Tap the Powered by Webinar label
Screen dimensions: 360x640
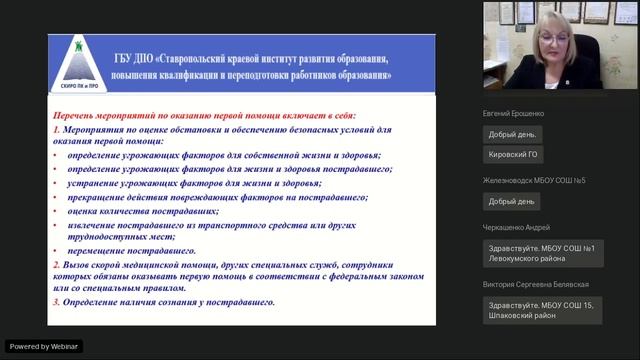coord(46,346)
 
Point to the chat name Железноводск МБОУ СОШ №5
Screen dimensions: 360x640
coord(535,180)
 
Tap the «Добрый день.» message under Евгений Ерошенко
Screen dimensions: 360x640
coord(513,135)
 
